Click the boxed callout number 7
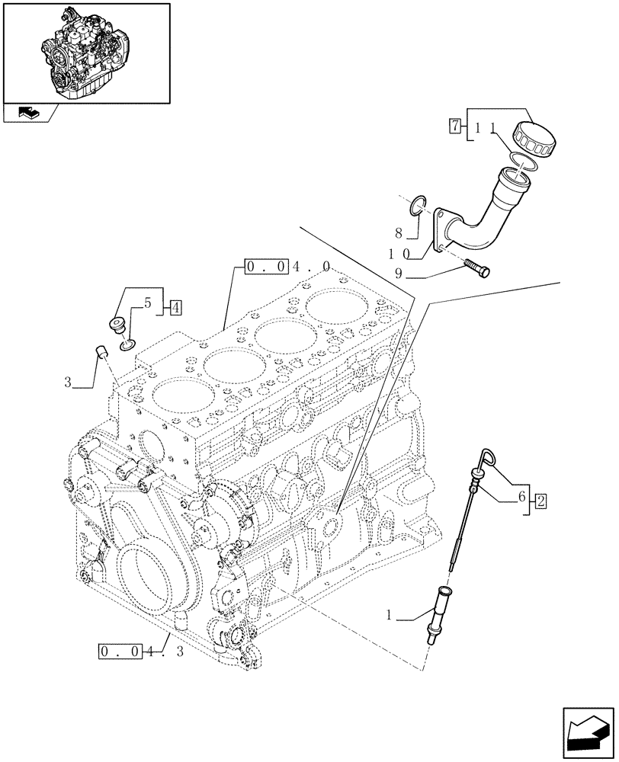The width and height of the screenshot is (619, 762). point(454,126)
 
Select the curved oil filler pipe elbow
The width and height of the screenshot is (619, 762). point(480,217)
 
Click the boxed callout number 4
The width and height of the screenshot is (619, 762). point(175,308)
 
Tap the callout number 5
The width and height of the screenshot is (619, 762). point(149,303)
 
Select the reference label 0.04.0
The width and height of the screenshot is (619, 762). point(287,267)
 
